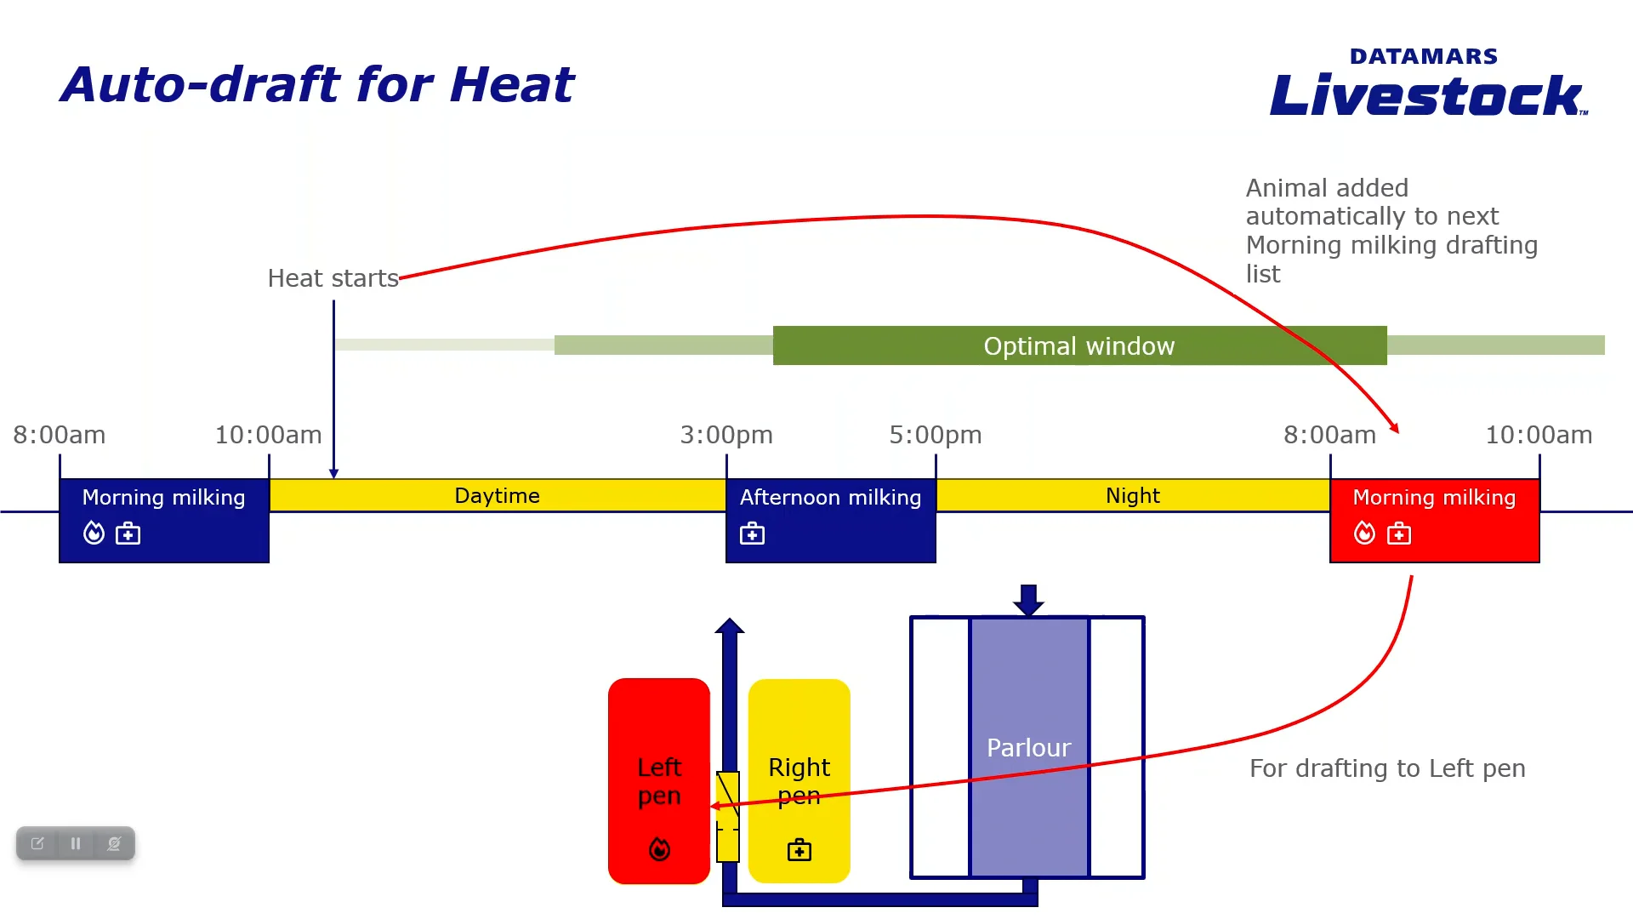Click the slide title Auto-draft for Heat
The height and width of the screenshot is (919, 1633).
317,85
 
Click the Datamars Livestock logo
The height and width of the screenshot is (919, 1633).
1427,83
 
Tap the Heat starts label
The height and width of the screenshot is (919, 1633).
333,278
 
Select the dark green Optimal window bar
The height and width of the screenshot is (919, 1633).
1078,345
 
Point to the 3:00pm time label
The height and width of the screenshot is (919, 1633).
726,435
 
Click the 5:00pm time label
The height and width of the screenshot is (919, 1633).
935,435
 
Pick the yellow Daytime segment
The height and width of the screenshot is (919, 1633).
497,495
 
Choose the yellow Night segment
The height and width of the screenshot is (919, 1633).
1132,495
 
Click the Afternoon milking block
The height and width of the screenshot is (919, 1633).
830,519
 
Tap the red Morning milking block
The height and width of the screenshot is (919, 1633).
1434,519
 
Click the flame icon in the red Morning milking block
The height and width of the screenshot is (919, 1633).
1364,534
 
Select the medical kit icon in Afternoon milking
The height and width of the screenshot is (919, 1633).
752,534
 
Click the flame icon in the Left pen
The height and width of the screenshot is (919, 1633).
659,849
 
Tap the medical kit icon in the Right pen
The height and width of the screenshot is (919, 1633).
799,849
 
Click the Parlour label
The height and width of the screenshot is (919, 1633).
1028,748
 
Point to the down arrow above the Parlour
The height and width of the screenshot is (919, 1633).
1028,599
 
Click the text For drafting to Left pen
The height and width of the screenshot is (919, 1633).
1387,768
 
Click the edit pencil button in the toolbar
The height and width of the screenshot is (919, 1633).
37,843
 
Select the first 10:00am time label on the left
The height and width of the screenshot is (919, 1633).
268,435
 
